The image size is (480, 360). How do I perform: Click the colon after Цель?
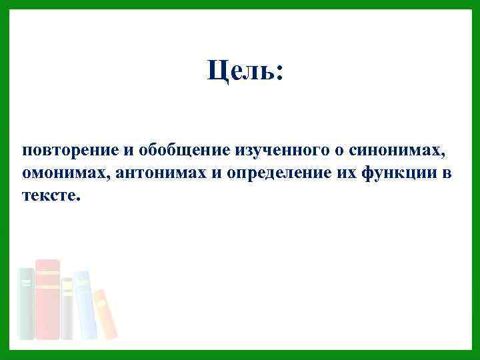pos(279,73)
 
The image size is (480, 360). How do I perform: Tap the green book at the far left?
pos(26,303)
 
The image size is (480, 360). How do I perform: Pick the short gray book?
pos(67,308)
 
